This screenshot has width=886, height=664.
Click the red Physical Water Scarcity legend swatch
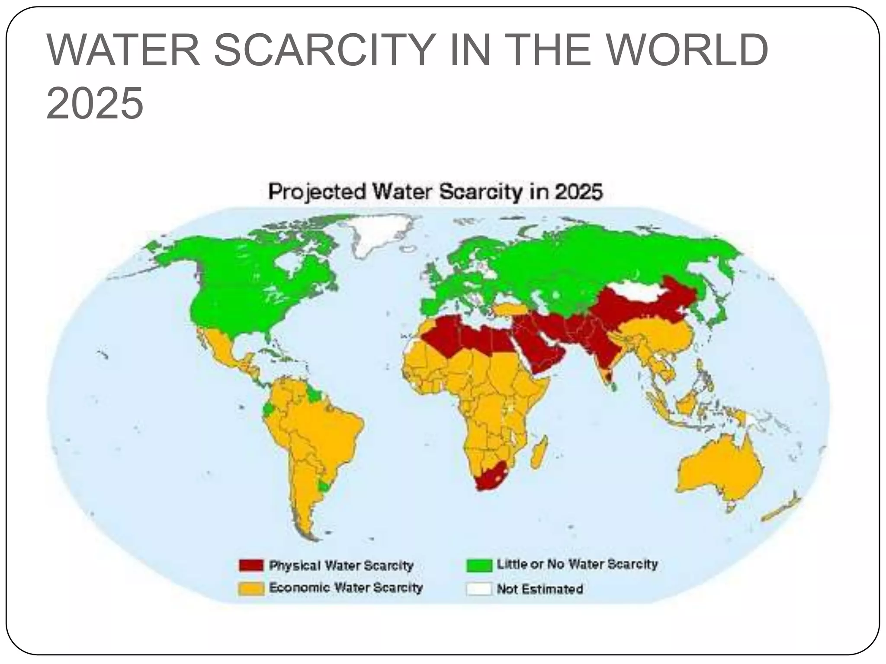click(x=251, y=565)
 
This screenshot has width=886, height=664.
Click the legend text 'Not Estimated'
click(x=539, y=589)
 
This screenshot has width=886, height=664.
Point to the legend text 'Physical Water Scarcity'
click(x=341, y=565)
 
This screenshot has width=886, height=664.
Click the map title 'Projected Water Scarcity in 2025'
click(x=435, y=192)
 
